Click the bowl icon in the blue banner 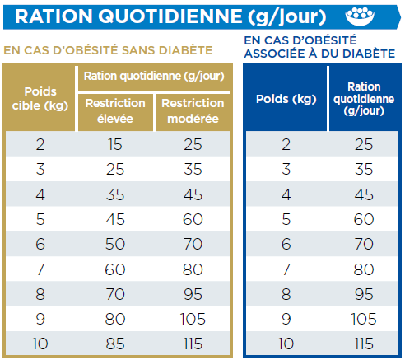click(x=360, y=16)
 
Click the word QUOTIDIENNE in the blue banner click(x=170, y=16)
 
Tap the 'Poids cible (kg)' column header click(x=40, y=98)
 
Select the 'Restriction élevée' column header click(x=115, y=111)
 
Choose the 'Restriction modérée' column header click(x=193, y=111)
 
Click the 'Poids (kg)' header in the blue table click(x=286, y=99)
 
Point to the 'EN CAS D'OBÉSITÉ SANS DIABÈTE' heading click(x=108, y=50)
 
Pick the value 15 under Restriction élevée click(x=115, y=144)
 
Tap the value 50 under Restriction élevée click(x=115, y=244)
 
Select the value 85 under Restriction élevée click(x=115, y=344)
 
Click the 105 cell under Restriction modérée click(x=193, y=319)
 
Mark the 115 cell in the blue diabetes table click(x=364, y=344)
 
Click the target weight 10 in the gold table click(x=40, y=344)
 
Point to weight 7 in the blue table click(x=286, y=269)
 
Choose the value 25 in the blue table click(x=364, y=144)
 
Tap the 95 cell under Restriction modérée click(x=193, y=294)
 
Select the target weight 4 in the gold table click(x=40, y=194)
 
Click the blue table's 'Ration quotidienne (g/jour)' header click(x=364, y=99)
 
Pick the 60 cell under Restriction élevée click(x=115, y=269)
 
